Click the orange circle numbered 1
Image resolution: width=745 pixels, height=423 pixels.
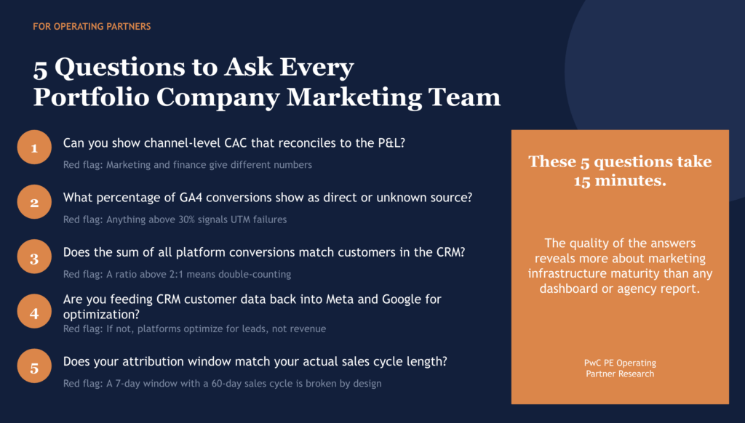click(x=34, y=149)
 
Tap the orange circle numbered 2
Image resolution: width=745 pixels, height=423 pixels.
click(x=34, y=203)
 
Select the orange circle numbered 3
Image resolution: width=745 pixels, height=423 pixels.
click(x=34, y=258)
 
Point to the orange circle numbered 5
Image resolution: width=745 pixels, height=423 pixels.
click(x=34, y=367)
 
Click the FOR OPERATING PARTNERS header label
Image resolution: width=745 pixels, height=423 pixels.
click(x=92, y=27)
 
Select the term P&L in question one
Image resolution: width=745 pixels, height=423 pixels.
click(x=387, y=143)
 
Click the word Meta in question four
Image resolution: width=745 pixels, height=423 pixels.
click(x=319, y=299)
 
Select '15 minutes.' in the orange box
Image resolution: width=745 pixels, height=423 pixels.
click(x=620, y=181)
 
